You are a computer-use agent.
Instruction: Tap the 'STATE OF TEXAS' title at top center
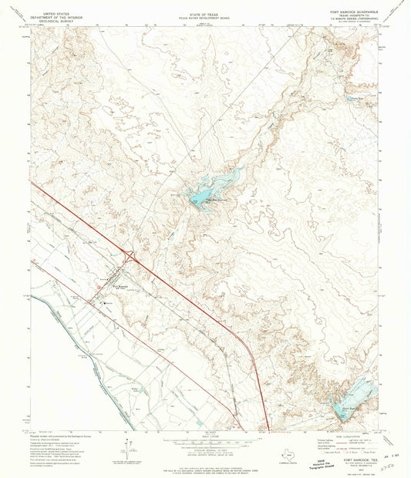pos(204,13)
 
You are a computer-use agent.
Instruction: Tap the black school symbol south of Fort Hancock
pos(107,303)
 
